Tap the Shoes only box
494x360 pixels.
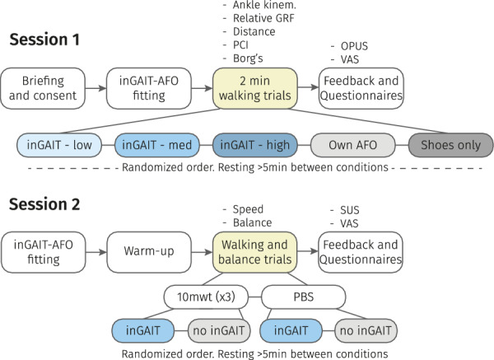click(451, 146)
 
